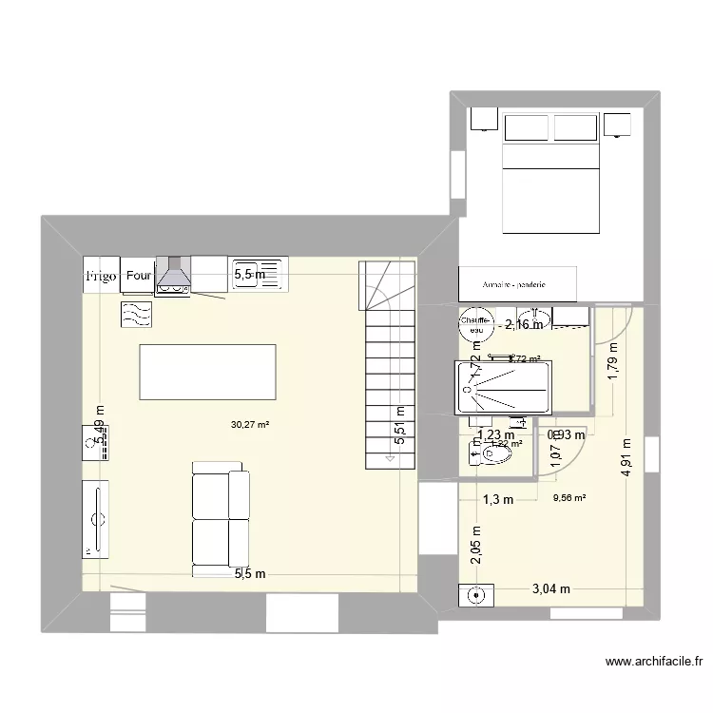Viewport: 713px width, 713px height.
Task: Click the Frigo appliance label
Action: coord(101,277)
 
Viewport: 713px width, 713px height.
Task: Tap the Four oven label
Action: coord(139,276)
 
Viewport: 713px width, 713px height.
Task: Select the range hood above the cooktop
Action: coord(173,275)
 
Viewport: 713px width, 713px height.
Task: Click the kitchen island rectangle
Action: coord(207,372)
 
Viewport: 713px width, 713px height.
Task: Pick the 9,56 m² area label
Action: coord(568,495)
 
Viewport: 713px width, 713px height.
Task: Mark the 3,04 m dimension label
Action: coord(550,588)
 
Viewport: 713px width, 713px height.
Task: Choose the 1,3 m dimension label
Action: coord(497,499)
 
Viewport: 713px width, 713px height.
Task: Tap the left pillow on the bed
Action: coord(527,127)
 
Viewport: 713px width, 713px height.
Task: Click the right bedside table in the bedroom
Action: coord(618,124)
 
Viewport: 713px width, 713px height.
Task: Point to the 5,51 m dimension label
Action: coord(399,425)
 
